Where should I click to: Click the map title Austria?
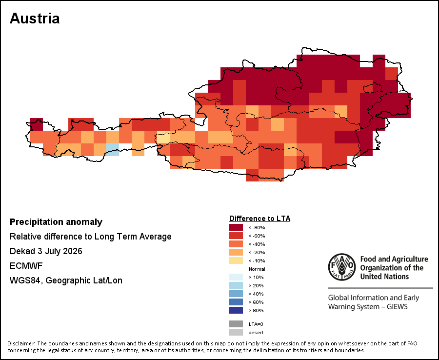pyautogui.click(x=35, y=19)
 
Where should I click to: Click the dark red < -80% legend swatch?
pyautogui.click(x=236, y=227)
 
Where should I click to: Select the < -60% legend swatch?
pyautogui.click(x=236, y=236)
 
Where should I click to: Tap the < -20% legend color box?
pyautogui.click(x=236, y=252)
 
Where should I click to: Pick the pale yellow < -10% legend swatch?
pyautogui.click(x=236, y=260)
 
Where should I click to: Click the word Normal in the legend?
pyautogui.click(x=257, y=269)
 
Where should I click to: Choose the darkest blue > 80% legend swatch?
pyautogui.click(x=236, y=310)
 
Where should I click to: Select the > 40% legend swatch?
pyautogui.click(x=236, y=294)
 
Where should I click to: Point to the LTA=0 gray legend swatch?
pyautogui.click(x=236, y=324)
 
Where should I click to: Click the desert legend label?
pyautogui.click(x=256, y=333)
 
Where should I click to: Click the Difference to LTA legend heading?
pyautogui.click(x=259, y=219)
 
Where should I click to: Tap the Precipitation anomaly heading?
pyautogui.click(x=56, y=222)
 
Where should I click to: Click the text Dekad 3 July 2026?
pyautogui.click(x=46, y=251)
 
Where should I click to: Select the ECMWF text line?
pyautogui.click(x=26, y=266)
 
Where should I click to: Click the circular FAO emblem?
pyautogui.click(x=342, y=267)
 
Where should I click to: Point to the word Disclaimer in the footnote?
pyautogui.click(x=21, y=343)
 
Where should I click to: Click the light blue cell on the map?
pyautogui.click(x=113, y=149)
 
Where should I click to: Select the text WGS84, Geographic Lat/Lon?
pyautogui.click(x=66, y=280)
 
